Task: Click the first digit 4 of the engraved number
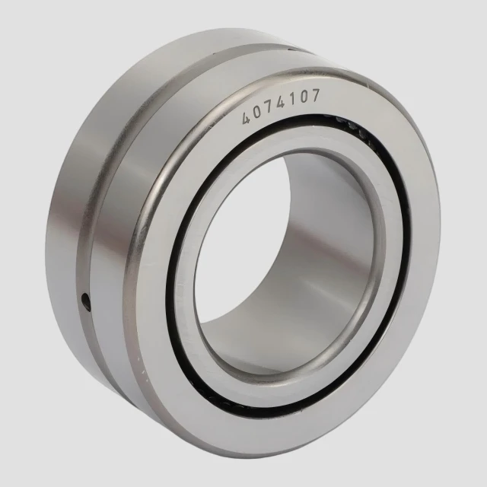[247, 118]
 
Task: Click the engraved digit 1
[292, 99]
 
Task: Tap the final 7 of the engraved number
[314, 95]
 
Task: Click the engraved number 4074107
[281, 107]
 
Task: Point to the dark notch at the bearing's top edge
[292, 48]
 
